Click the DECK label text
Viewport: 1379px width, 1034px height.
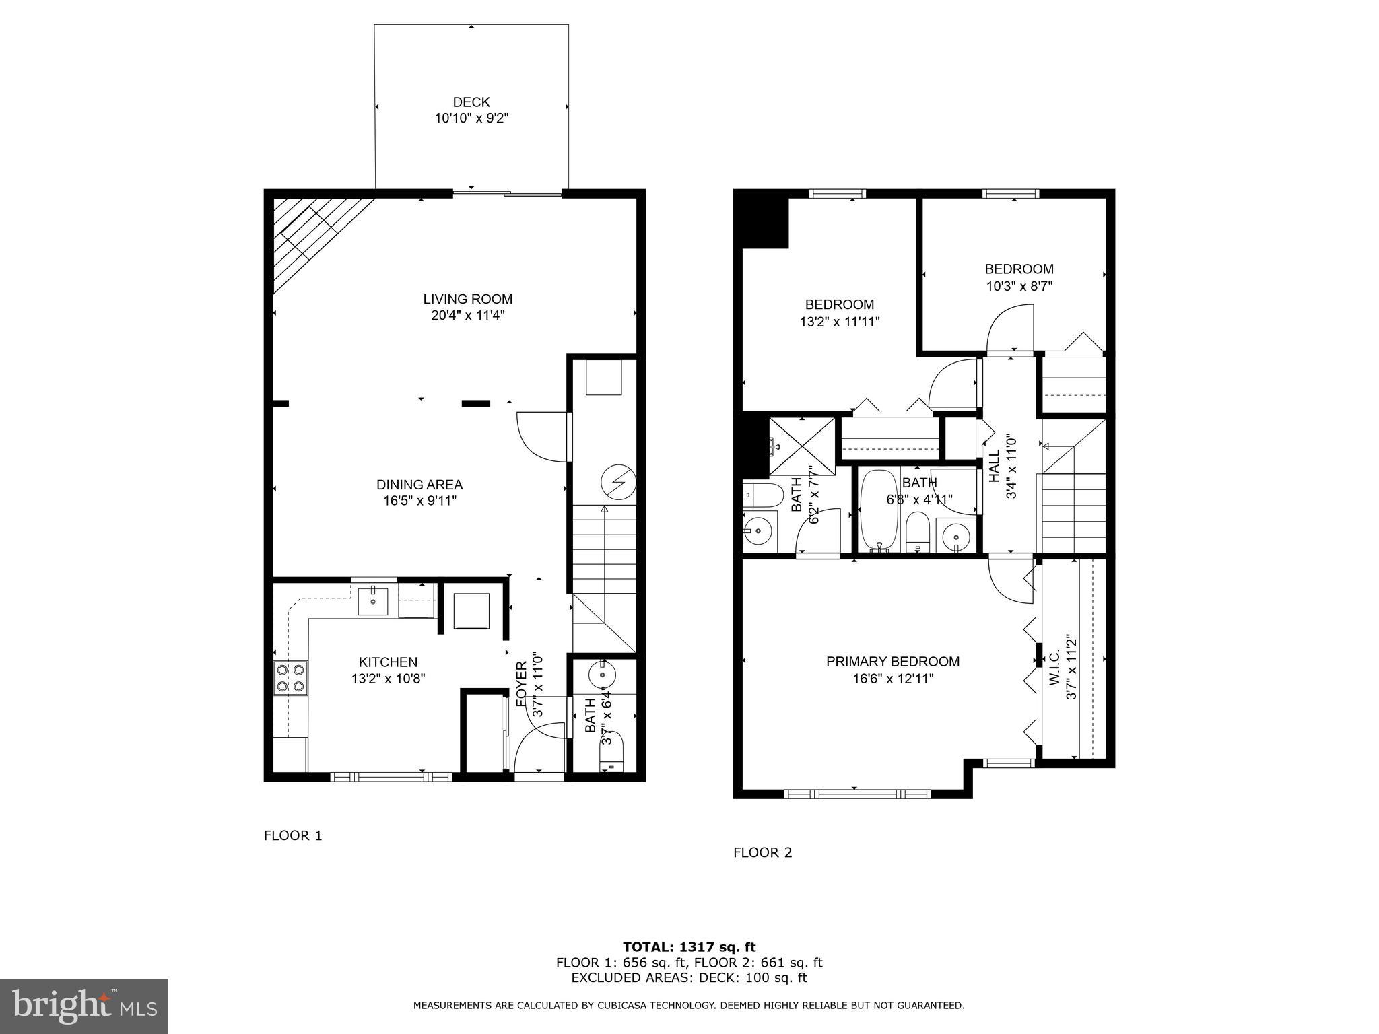click(471, 102)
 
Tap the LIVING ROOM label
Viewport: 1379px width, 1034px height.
click(468, 299)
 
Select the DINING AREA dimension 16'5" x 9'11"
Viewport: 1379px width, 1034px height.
click(419, 501)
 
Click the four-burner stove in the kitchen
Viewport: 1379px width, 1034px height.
click(291, 678)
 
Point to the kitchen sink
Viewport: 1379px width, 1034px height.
click(372, 600)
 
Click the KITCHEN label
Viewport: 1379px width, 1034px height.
click(388, 662)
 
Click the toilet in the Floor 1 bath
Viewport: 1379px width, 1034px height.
click(611, 753)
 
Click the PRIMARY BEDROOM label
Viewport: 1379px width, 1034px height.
click(893, 662)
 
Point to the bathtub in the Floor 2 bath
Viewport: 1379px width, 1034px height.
click(879, 510)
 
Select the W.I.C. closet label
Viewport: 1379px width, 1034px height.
click(1054, 668)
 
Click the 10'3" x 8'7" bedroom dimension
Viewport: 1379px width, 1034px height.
click(1019, 286)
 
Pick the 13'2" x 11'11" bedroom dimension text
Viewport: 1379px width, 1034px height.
click(840, 322)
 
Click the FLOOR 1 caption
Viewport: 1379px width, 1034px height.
click(293, 836)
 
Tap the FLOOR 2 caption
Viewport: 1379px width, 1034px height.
click(763, 853)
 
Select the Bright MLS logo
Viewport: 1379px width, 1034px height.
click(84, 1006)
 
